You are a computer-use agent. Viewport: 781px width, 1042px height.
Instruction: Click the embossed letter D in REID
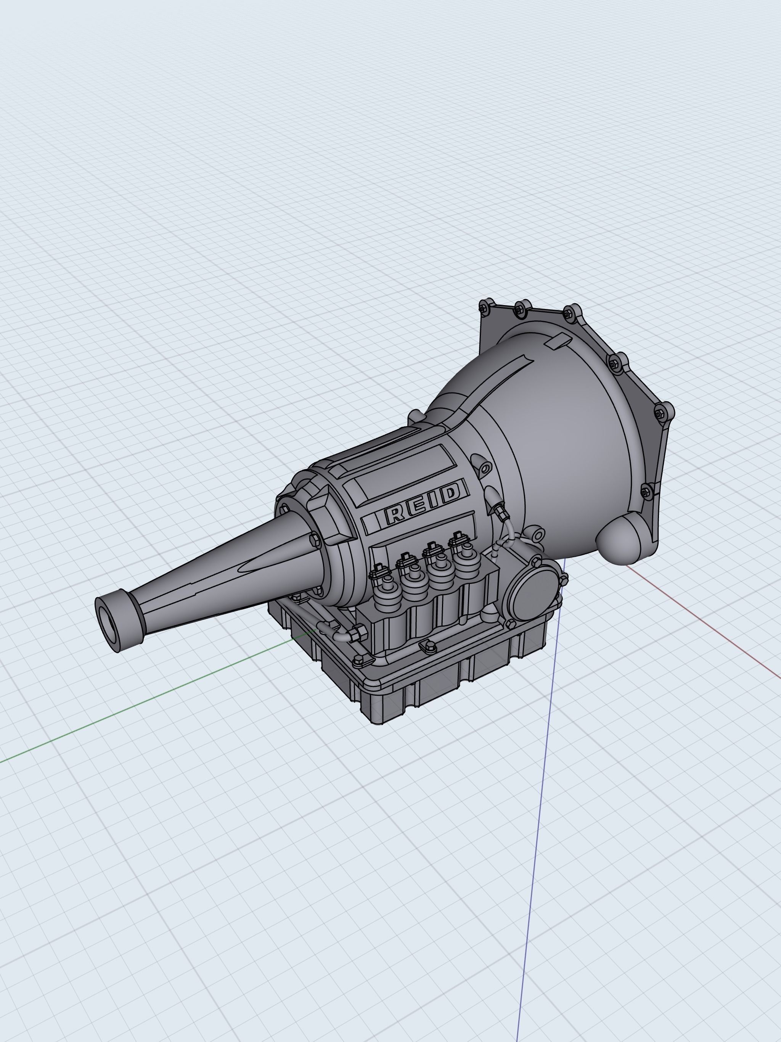tap(450, 493)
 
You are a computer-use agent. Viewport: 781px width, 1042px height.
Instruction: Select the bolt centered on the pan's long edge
tap(430, 647)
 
